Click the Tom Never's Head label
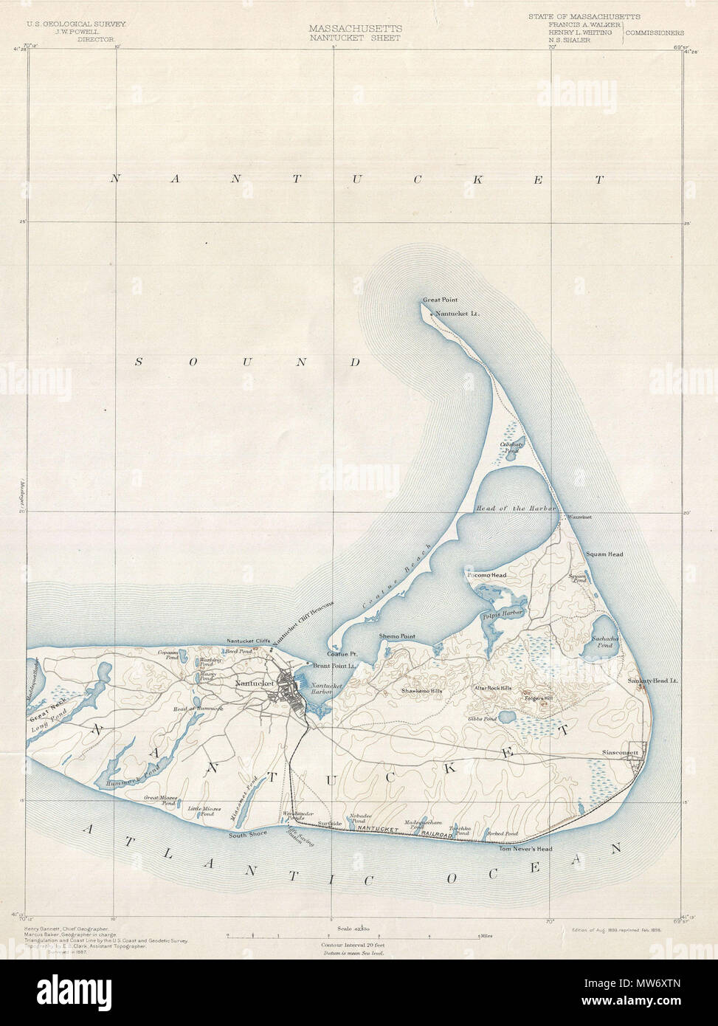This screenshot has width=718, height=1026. click(x=525, y=848)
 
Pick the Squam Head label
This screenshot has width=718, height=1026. click(x=604, y=554)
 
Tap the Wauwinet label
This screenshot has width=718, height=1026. click(x=579, y=517)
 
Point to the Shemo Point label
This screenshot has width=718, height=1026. click(x=397, y=636)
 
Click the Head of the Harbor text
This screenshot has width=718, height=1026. click(x=515, y=509)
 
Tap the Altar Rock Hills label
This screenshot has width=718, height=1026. click(x=492, y=688)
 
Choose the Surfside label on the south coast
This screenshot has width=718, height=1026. click(x=329, y=822)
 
